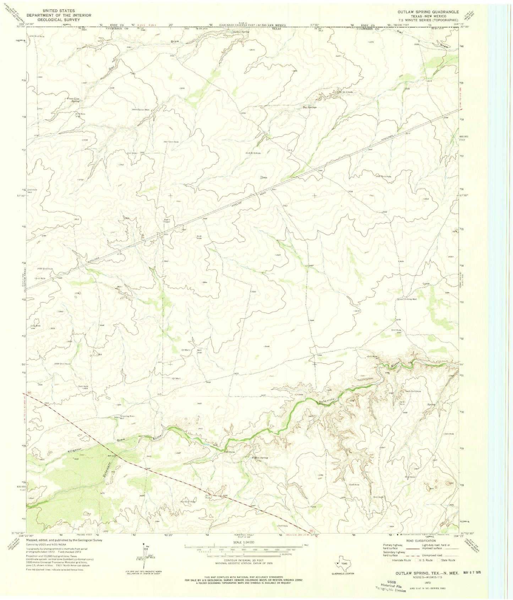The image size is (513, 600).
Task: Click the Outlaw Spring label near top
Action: click(240, 32)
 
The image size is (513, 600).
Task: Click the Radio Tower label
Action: click(167, 221)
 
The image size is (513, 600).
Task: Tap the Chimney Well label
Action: click(409, 299)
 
